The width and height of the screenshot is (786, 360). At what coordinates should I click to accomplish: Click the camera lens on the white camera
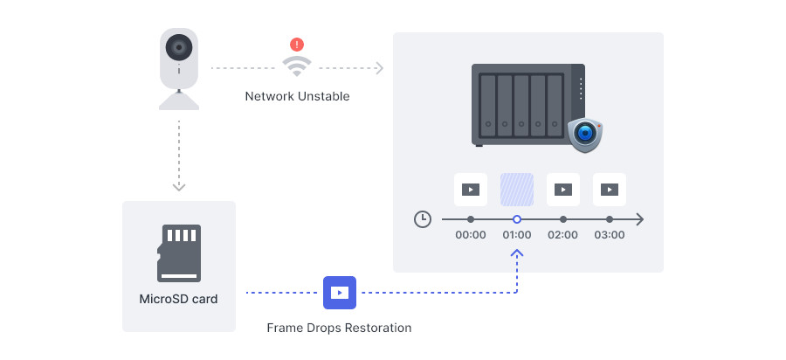179,48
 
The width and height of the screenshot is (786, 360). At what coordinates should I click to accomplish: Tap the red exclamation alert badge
297,45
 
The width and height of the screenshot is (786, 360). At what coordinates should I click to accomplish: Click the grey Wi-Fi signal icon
297,66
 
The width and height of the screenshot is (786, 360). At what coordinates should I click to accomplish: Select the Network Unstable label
297,96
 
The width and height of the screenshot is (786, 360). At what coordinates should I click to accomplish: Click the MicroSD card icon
179,253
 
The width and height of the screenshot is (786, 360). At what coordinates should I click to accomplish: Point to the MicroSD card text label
178,300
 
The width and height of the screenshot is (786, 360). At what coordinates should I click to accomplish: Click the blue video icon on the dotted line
340,293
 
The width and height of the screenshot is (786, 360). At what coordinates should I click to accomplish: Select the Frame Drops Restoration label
339,328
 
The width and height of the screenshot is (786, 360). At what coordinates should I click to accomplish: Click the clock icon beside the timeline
423,219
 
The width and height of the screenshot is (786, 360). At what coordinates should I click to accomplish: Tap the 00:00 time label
471,235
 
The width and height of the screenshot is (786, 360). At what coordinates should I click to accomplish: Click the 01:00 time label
517,235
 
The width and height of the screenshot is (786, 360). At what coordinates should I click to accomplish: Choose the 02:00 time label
563,235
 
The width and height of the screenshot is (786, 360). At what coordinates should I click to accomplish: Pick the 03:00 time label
610,235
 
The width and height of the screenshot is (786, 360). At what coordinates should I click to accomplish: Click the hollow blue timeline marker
517,219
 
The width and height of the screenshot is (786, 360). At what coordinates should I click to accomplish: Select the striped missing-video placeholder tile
517,190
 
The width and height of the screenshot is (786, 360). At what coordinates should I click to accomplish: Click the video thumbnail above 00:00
471,190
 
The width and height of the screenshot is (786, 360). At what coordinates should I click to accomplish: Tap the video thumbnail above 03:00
610,190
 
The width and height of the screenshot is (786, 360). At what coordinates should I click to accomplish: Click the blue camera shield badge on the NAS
585,135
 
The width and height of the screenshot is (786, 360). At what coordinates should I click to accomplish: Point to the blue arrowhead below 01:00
517,253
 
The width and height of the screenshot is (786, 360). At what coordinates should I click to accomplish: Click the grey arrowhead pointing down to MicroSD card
179,187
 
